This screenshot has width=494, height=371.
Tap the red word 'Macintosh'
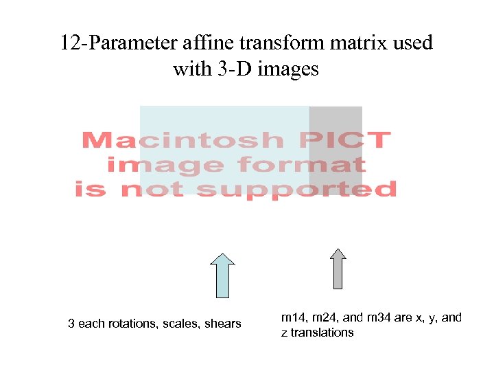[x=182, y=141]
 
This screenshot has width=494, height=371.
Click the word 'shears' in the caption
[x=224, y=324]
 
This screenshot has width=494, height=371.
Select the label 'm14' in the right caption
[x=293, y=317]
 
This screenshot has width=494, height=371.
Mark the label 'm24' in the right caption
[x=325, y=317]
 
